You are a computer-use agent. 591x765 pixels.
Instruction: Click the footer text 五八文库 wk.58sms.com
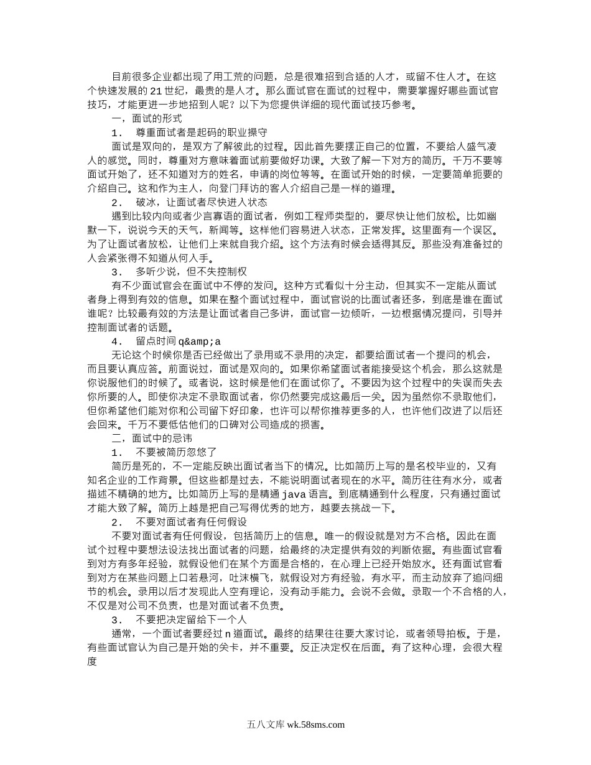[295, 724]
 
